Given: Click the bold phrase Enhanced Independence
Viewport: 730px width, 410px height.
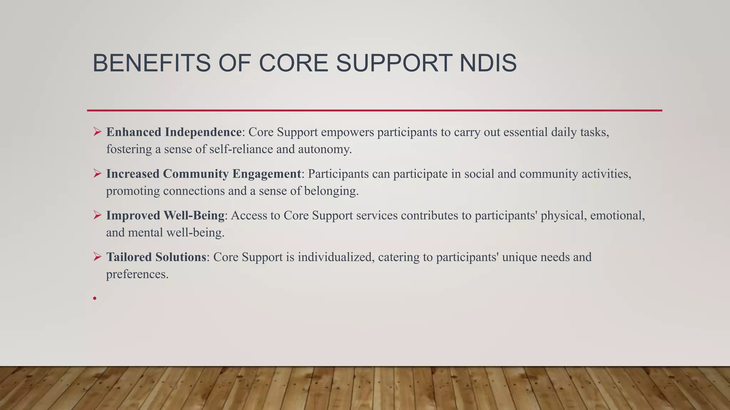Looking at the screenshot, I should pyautogui.click(x=174, y=132).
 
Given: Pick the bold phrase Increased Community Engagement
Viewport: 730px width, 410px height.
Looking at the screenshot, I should pyautogui.click(x=204, y=174).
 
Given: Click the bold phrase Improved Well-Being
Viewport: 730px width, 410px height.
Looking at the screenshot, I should pyautogui.click(x=165, y=215).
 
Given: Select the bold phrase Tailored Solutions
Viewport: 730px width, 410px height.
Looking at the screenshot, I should pyautogui.click(x=156, y=257).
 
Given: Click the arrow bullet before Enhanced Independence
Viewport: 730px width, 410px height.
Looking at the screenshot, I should pyautogui.click(x=97, y=132).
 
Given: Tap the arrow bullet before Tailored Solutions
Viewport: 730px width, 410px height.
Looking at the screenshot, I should pyautogui.click(x=97, y=257).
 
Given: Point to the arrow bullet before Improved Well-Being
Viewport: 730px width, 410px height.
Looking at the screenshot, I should pyautogui.click(x=97, y=215).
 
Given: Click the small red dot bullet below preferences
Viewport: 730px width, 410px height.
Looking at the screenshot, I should pyautogui.click(x=95, y=298).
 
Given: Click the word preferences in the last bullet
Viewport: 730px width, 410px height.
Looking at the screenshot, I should pyautogui.click(x=137, y=274).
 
